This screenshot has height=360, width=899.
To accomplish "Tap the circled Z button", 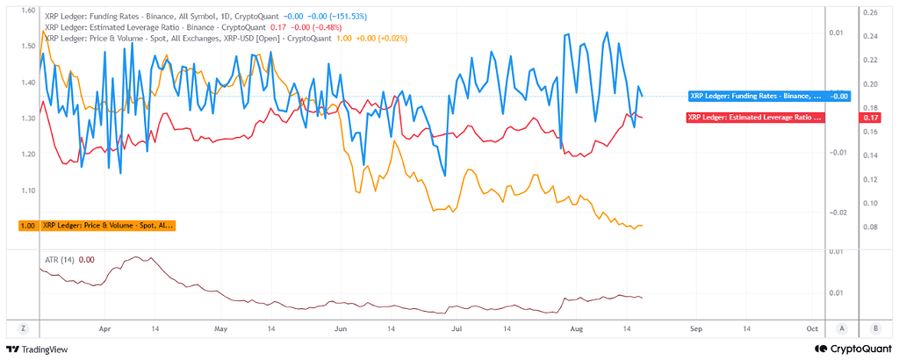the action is click(23, 328).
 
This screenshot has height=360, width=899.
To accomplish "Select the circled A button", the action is click(842, 328).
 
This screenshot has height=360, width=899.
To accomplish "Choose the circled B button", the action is click(875, 328).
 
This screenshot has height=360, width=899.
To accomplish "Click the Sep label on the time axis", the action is click(695, 329).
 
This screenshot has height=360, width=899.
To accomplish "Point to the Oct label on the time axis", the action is click(811, 329).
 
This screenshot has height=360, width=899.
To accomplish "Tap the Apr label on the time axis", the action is click(105, 329).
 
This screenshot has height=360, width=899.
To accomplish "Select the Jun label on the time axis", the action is click(341, 329).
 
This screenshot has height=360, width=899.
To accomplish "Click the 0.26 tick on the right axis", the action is click(872, 12).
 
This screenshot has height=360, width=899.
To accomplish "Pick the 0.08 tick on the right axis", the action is click(872, 227).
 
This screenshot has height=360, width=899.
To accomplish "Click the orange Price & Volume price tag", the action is click(97, 226).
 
